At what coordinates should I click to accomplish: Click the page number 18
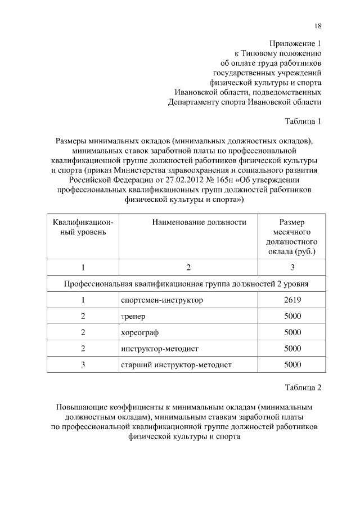[318, 25]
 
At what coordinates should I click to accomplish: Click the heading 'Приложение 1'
[295, 43]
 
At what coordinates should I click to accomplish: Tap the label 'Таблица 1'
[303, 121]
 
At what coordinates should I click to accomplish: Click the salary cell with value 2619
[292, 300]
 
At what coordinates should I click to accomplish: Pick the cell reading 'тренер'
[133, 316]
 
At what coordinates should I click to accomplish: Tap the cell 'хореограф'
[139, 332]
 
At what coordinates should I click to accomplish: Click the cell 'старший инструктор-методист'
[176, 365]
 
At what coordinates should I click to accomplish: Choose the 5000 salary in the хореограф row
[292, 332]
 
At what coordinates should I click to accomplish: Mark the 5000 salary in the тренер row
[292, 316]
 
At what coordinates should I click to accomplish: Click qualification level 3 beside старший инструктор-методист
[83, 365]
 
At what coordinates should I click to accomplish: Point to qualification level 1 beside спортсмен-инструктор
[83, 300]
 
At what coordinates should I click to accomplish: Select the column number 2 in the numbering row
[188, 267]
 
